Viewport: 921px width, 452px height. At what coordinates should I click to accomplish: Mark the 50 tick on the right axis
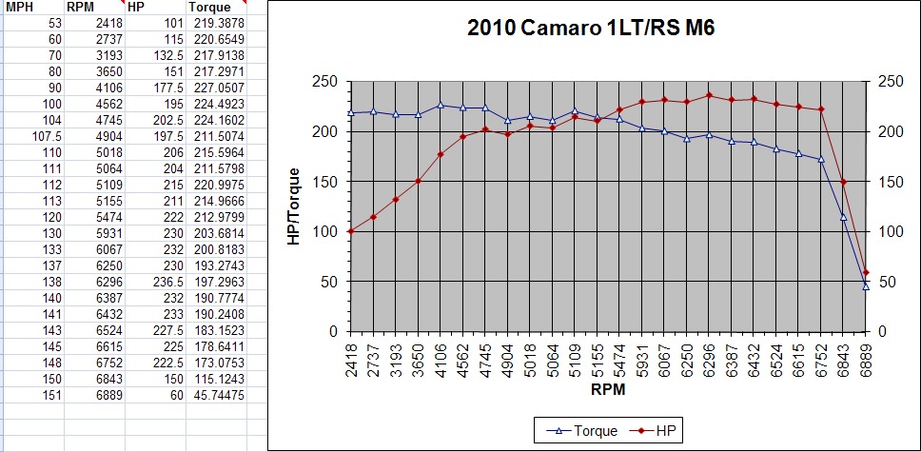pos(887,282)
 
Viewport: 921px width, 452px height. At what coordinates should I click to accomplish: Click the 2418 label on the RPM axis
pos(351,359)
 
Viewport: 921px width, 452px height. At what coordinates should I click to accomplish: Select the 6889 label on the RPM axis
pos(866,359)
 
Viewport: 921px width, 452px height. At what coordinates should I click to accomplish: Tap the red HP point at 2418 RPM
pos(351,230)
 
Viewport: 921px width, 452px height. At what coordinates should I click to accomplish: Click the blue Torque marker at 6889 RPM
pos(866,285)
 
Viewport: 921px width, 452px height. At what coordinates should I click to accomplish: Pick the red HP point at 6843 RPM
pos(843,182)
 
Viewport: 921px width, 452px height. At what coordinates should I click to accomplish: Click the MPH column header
pos(21,7)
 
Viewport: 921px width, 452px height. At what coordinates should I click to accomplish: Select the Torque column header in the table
pos(209,7)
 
